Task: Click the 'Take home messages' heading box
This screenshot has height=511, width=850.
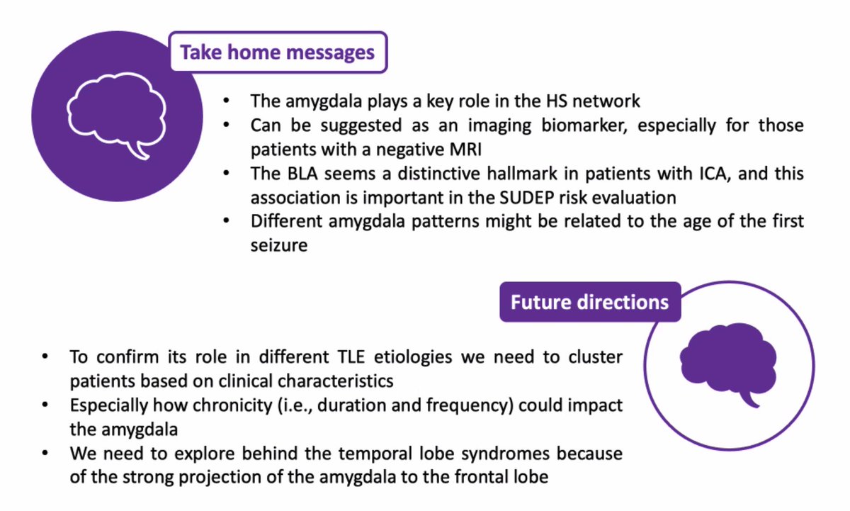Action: click(278, 52)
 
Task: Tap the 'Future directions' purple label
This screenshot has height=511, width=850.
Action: click(589, 302)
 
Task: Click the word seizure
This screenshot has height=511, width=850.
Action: click(279, 245)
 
